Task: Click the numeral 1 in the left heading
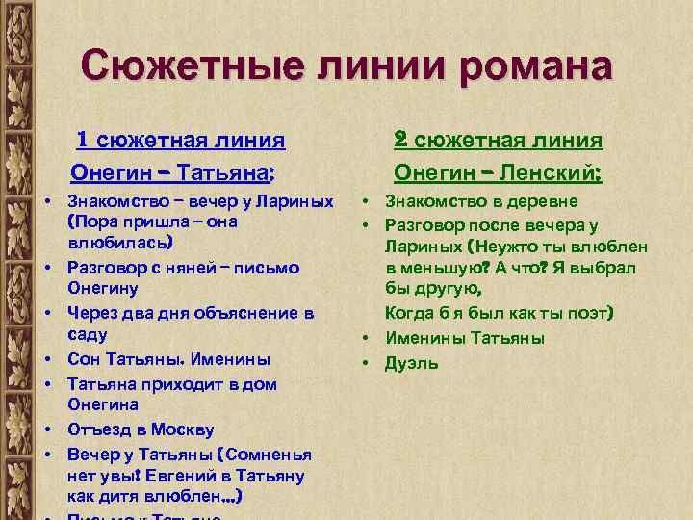[x=84, y=141]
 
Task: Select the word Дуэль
[x=412, y=363]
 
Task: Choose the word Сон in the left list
[x=83, y=359]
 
